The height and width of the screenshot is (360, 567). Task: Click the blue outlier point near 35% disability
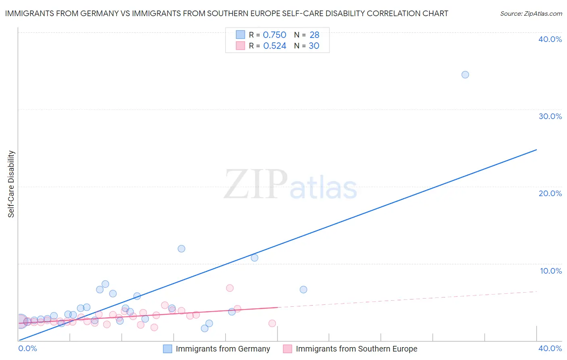[x=465, y=75]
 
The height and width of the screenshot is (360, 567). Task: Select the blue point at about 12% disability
[x=181, y=249]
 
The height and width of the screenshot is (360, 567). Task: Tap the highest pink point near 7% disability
[x=230, y=288]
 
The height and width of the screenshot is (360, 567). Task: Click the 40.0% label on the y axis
[x=550, y=39]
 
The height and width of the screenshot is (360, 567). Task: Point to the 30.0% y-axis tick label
[x=550, y=116]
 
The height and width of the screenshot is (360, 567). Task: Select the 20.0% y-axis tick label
[x=550, y=193]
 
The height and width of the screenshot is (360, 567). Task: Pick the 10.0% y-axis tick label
[x=551, y=271]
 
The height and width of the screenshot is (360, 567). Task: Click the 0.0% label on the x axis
[x=28, y=348]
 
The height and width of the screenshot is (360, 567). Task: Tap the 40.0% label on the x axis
[x=550, y=348]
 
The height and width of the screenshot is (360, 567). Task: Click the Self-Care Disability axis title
[x=11, y=184]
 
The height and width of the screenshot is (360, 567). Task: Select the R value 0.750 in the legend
[x=275, y=35]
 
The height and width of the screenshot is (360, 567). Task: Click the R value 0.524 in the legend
[x=275, y=46]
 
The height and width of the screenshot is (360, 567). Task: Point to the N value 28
[x=315, y=35]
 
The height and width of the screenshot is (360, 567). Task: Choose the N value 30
[x=314, y=46]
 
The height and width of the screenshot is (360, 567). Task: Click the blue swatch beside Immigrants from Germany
[x=167, y=349]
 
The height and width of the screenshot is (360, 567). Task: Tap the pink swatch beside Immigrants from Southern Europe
[x=287, y=349]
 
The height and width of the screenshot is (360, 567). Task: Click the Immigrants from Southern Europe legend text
[x=356, y=349]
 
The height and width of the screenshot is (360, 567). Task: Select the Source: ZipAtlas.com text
[x=531, y=14]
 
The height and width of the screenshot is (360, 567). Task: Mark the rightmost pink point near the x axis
[x=272, y=323]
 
